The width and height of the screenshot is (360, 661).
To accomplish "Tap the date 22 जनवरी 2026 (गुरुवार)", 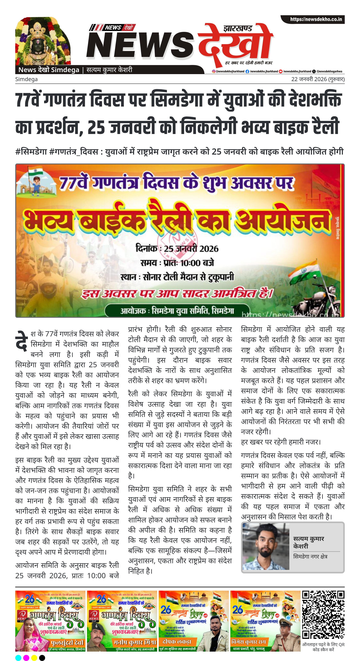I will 318,79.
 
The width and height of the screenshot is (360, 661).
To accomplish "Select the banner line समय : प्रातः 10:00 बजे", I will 177,263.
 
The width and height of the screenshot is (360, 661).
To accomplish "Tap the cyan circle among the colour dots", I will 18,658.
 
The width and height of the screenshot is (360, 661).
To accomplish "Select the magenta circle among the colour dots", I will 26,658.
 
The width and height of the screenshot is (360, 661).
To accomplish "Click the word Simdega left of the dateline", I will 26,79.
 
